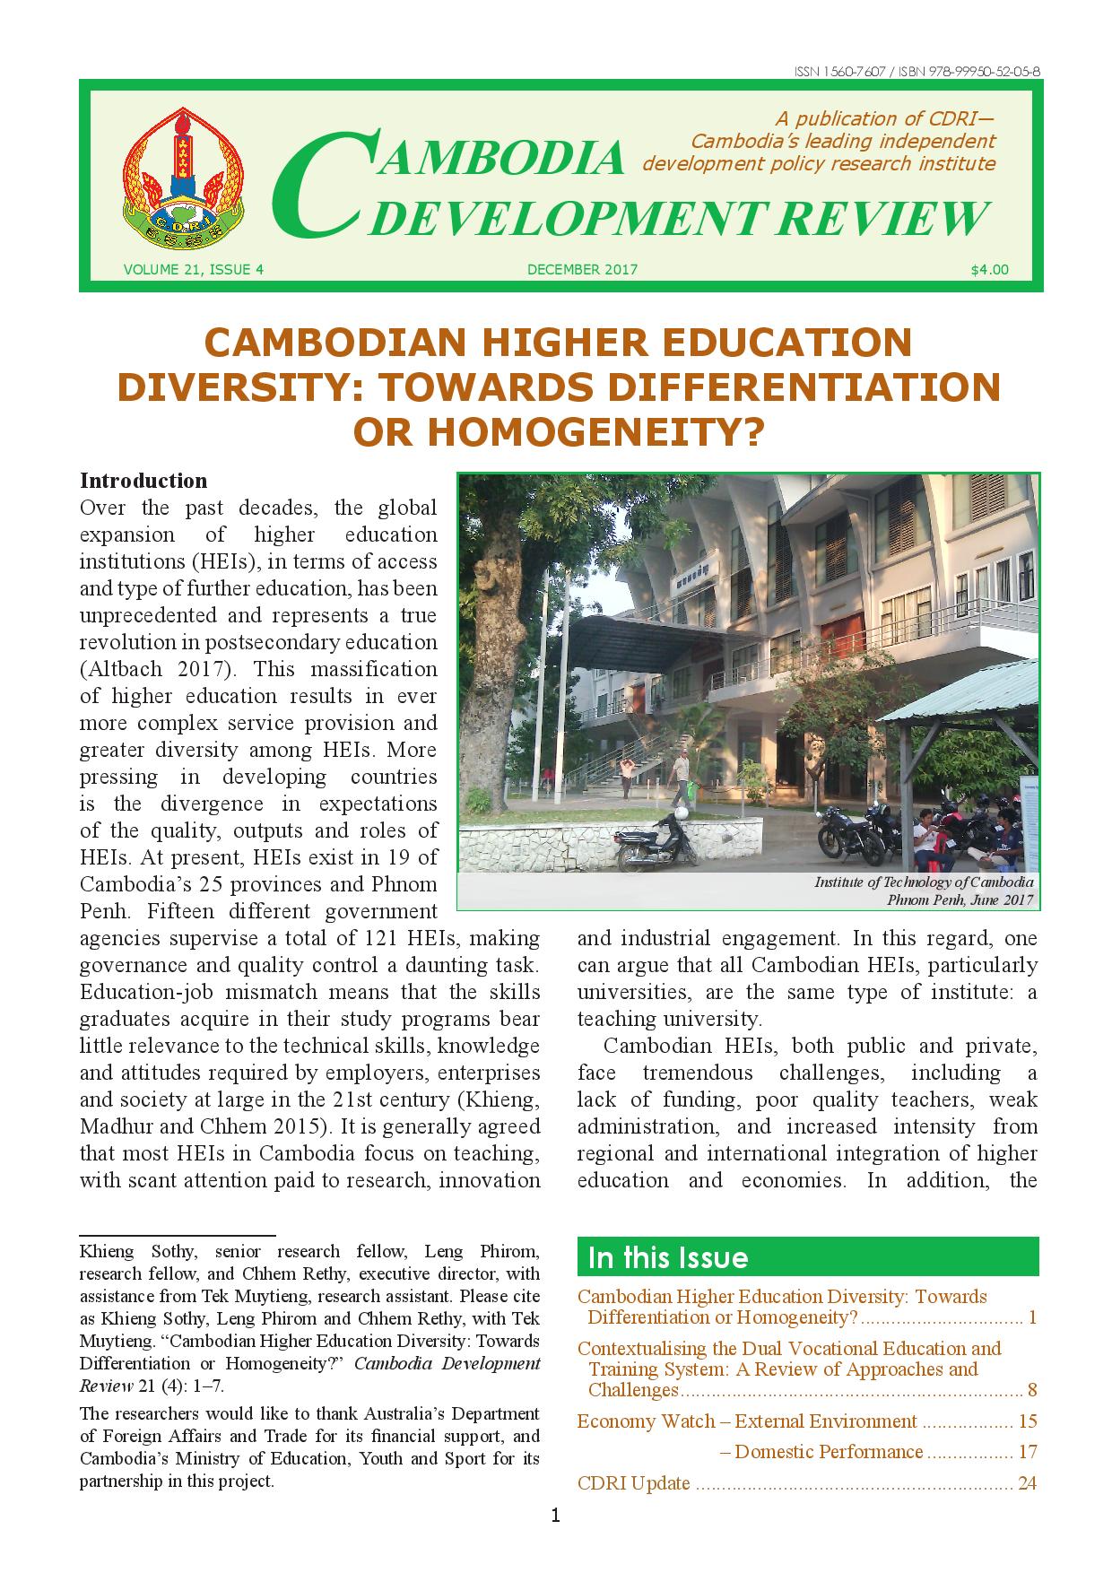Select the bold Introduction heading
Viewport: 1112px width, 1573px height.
(x=143, y=480)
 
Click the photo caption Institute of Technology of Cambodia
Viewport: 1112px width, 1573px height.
(x=924, y=882)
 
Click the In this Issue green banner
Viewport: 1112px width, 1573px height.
(x=807, y=1256)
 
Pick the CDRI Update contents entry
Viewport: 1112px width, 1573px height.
(x=634, y=1482)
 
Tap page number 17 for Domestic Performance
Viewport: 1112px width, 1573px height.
(x=1027, y=1451)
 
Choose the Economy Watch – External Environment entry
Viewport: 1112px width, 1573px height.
(x=747, y=1421)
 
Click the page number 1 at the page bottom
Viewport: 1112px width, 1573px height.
(x=556, y=1517)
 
